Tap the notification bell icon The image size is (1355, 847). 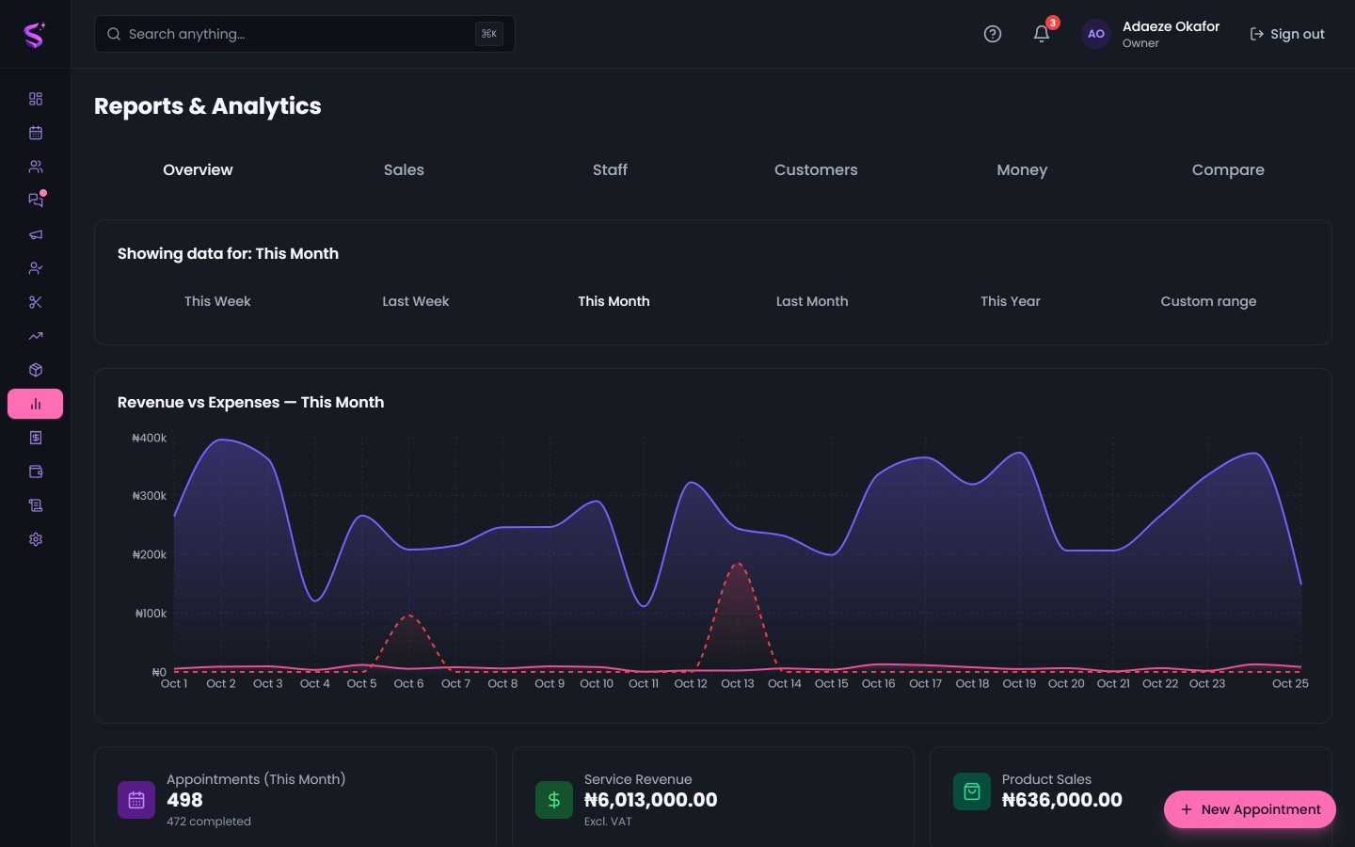[x=1041, y=34]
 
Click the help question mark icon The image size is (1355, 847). [x=992, y=34]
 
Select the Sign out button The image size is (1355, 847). [x=1286, y=34]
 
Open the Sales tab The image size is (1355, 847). [x=404, y=170]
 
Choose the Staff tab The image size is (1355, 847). [x=610, y=170]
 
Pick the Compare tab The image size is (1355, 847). [x=1227, y=170]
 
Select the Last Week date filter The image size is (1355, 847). [x=416, y=301]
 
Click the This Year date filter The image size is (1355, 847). [x=1011, y=301]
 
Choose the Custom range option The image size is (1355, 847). [x=1208, y=301]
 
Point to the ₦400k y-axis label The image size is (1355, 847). [x=149, y=438]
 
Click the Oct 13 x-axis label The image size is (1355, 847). [x=738, y=683]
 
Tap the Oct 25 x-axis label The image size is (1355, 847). [x=1290, y=683]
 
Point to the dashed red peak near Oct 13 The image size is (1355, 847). [x=738, y=563]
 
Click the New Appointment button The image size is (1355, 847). [x=1250, y=809]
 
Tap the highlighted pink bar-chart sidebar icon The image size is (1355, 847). [x=35, y=404]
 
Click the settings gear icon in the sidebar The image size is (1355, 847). [x=36, y=539]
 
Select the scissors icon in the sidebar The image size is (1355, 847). [x=36, y=302]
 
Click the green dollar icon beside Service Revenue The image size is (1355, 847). [x=553, y=800]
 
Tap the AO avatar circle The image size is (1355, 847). [x=1095, y=34]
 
